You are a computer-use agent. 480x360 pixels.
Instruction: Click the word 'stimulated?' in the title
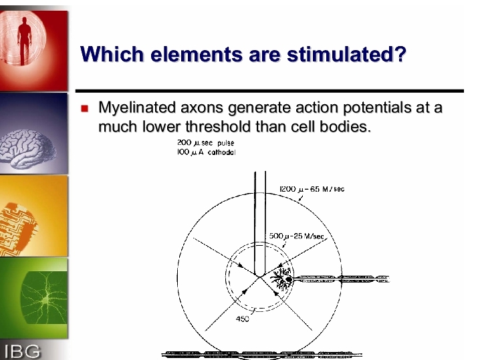coord(346,54)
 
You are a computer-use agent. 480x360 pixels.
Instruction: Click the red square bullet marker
coord(85,108)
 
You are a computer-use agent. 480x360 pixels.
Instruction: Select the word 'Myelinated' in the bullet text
coord(137,108)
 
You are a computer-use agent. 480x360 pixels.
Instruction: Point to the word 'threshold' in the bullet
coord(218,126)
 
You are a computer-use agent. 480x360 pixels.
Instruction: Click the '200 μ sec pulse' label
coord(205,143)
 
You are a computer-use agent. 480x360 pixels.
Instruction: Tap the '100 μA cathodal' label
coord(206,152)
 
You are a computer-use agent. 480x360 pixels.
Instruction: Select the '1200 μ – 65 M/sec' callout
coord(312,189)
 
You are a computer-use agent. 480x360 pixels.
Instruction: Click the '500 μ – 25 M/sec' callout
coord(296,236)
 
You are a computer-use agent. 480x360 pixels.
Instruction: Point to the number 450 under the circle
coord(242,319)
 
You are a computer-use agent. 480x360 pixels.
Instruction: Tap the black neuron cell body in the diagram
coord(288,279)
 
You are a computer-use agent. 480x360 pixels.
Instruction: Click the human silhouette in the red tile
coord(25,43)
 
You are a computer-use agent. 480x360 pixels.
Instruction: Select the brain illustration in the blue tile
coord(28,149)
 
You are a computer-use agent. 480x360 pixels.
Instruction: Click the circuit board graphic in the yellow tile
coord(18,228)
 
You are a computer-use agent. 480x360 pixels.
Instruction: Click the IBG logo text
coord(22,351)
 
